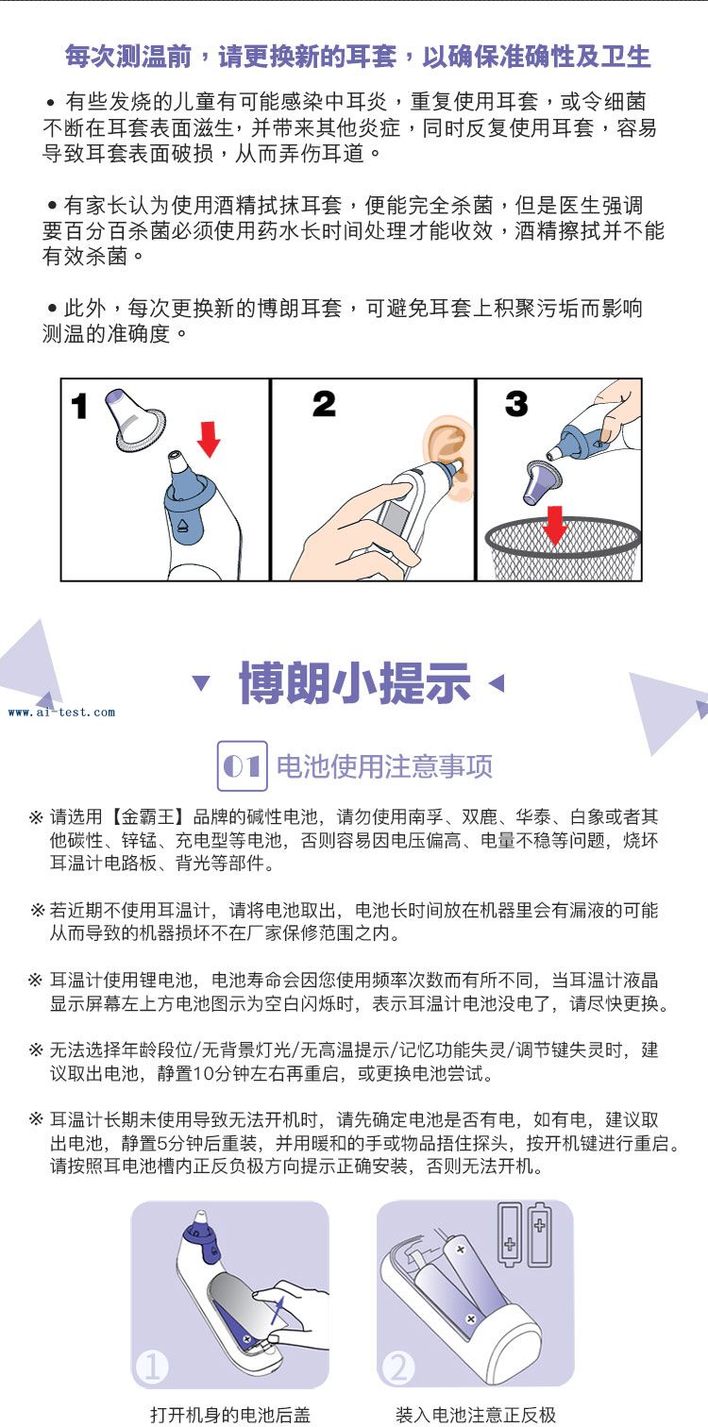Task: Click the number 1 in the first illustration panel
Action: (x=79, y=406)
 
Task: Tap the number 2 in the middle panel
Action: (x=324, y=404)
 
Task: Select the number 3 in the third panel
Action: (x=516, y=403)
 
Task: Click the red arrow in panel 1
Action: (x=209, y=438)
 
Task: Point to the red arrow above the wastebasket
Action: (x=555, y=526)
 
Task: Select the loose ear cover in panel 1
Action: (x=134, y=421)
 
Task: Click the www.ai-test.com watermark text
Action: (x=61, y=713)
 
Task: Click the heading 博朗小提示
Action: (x=355, y=683)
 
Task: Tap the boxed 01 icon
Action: (x=243, y=765)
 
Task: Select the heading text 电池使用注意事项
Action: (x=384, y=765)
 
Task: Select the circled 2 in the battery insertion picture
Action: (x=398, y=1368)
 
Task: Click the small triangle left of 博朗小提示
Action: (x=201, y=683)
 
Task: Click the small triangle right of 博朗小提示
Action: (x=497, y=683)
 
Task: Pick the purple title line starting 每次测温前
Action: (x=358, y=57)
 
